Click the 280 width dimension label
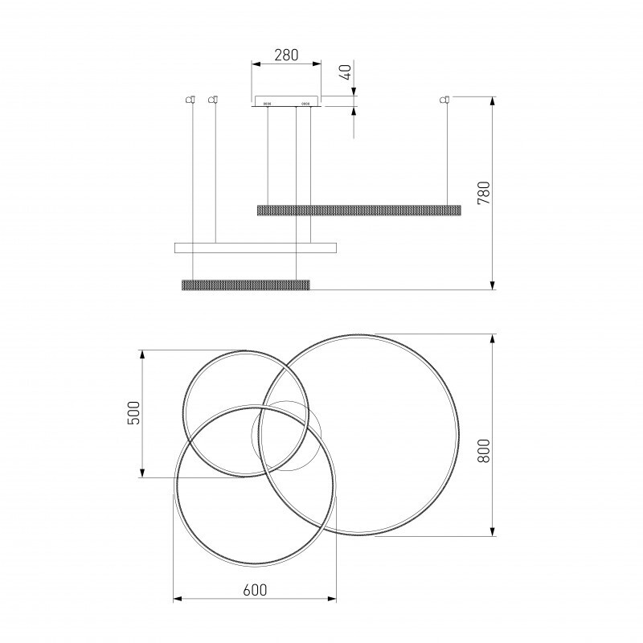(x=286, y=55)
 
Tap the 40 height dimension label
(x=346, y=72)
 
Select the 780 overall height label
(x=484, y=193)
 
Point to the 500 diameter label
(x=133, y=413)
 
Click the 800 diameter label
(x=484, y=451)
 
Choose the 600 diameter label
(x=255, y=590)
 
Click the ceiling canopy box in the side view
(x=286, y=101)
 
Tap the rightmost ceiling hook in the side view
(x=444, y=99)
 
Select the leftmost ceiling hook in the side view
(x=190, y=99)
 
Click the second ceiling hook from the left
(x=213, y=99)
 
